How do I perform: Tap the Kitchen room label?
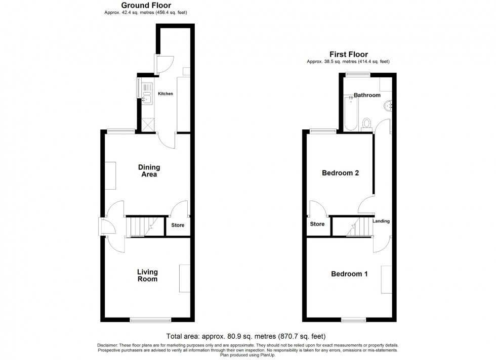(x=166, y=94)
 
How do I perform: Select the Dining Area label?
(x=149, y=171)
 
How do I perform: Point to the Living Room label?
(x=147, y=276)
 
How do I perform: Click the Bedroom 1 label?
(x=349, y=274)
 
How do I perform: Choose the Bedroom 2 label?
(x=341, y=173)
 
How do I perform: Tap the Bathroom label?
(x=367, y=95)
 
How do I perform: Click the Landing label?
(x=381, y=221)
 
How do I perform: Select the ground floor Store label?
(x=178, y=226)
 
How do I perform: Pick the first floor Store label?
(x=317, y=224)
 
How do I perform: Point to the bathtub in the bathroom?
(x=350, y=114)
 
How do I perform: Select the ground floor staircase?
(x=142, y=226)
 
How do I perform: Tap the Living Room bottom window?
(x=150, y=319)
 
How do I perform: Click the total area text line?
(x=245, y=336)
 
